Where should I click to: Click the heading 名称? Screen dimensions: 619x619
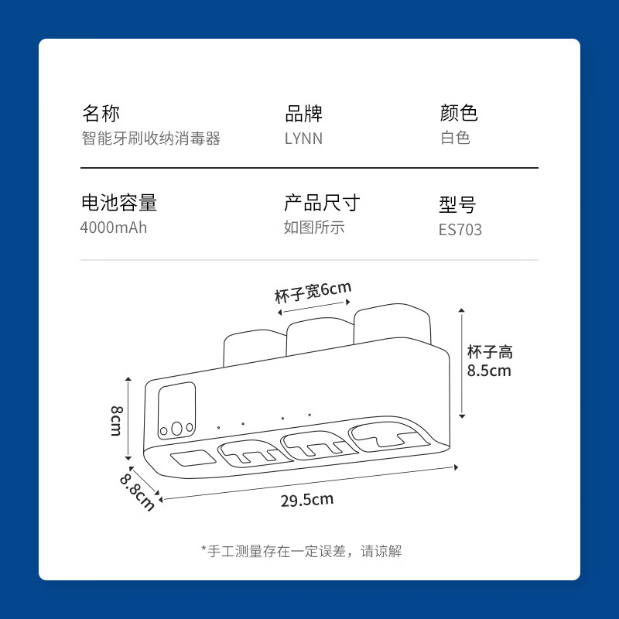pyautogui.click(x=101, y=113)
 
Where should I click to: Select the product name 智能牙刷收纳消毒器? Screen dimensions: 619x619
pyautogui.click(x=151, y=139)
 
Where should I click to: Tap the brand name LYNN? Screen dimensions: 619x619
pyautogui.click(x=303, y=139)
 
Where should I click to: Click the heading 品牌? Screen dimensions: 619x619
pyautogui.click(x=303, y=113)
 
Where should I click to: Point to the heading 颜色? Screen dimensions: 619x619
pyautogui.click(x=459, y=113)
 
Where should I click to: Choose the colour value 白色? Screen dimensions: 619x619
pyautogui.click(x=455, y=138)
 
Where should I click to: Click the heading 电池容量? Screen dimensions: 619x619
pyautogui.click(x=119, y=203)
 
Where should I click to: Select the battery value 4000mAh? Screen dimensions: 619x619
pyautogui.click(x=114, y=227)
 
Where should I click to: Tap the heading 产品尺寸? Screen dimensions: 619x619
pyautogui.click(x=322, y=203)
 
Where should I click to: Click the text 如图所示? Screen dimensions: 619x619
pyautogui.click(x=314, y=227)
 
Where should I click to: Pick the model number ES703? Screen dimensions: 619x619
pyautogui.click(x=460, y=230)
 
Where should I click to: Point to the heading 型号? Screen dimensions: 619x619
pyautogui.click(x=457, y=204)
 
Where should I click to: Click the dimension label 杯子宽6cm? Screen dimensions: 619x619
pyautogui.click(x=313, y=292)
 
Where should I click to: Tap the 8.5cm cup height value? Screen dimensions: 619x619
pyautogui.click(x=489, y=371)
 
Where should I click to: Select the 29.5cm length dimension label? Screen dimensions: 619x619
pyautogui.click(x=307, y=500)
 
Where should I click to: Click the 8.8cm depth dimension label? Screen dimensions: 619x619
pyautogui.click(x=137, y=492)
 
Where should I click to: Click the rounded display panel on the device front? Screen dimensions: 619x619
pyautogui.click(x=176, y=411)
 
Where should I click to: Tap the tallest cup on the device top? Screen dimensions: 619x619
pyautogui.click(x=392, y=323)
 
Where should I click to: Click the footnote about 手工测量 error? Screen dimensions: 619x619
pyautogui.click(x=302, y=551)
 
